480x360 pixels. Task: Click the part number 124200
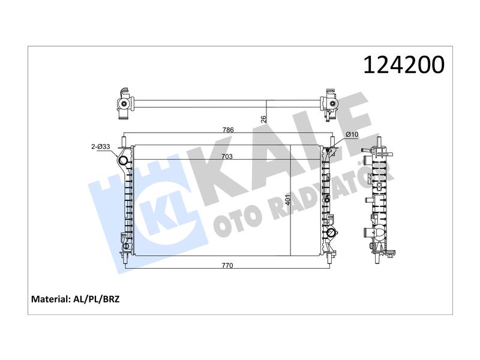[403, 65]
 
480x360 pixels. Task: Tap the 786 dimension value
[228, 130]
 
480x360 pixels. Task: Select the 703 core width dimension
[227, 157]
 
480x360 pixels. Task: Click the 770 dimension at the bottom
[227, 265]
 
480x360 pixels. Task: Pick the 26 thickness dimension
[264, 118]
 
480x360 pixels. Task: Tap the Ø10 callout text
[352, 134]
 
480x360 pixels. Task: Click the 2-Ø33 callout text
[100, 146]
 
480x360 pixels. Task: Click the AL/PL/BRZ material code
[96, 299]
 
